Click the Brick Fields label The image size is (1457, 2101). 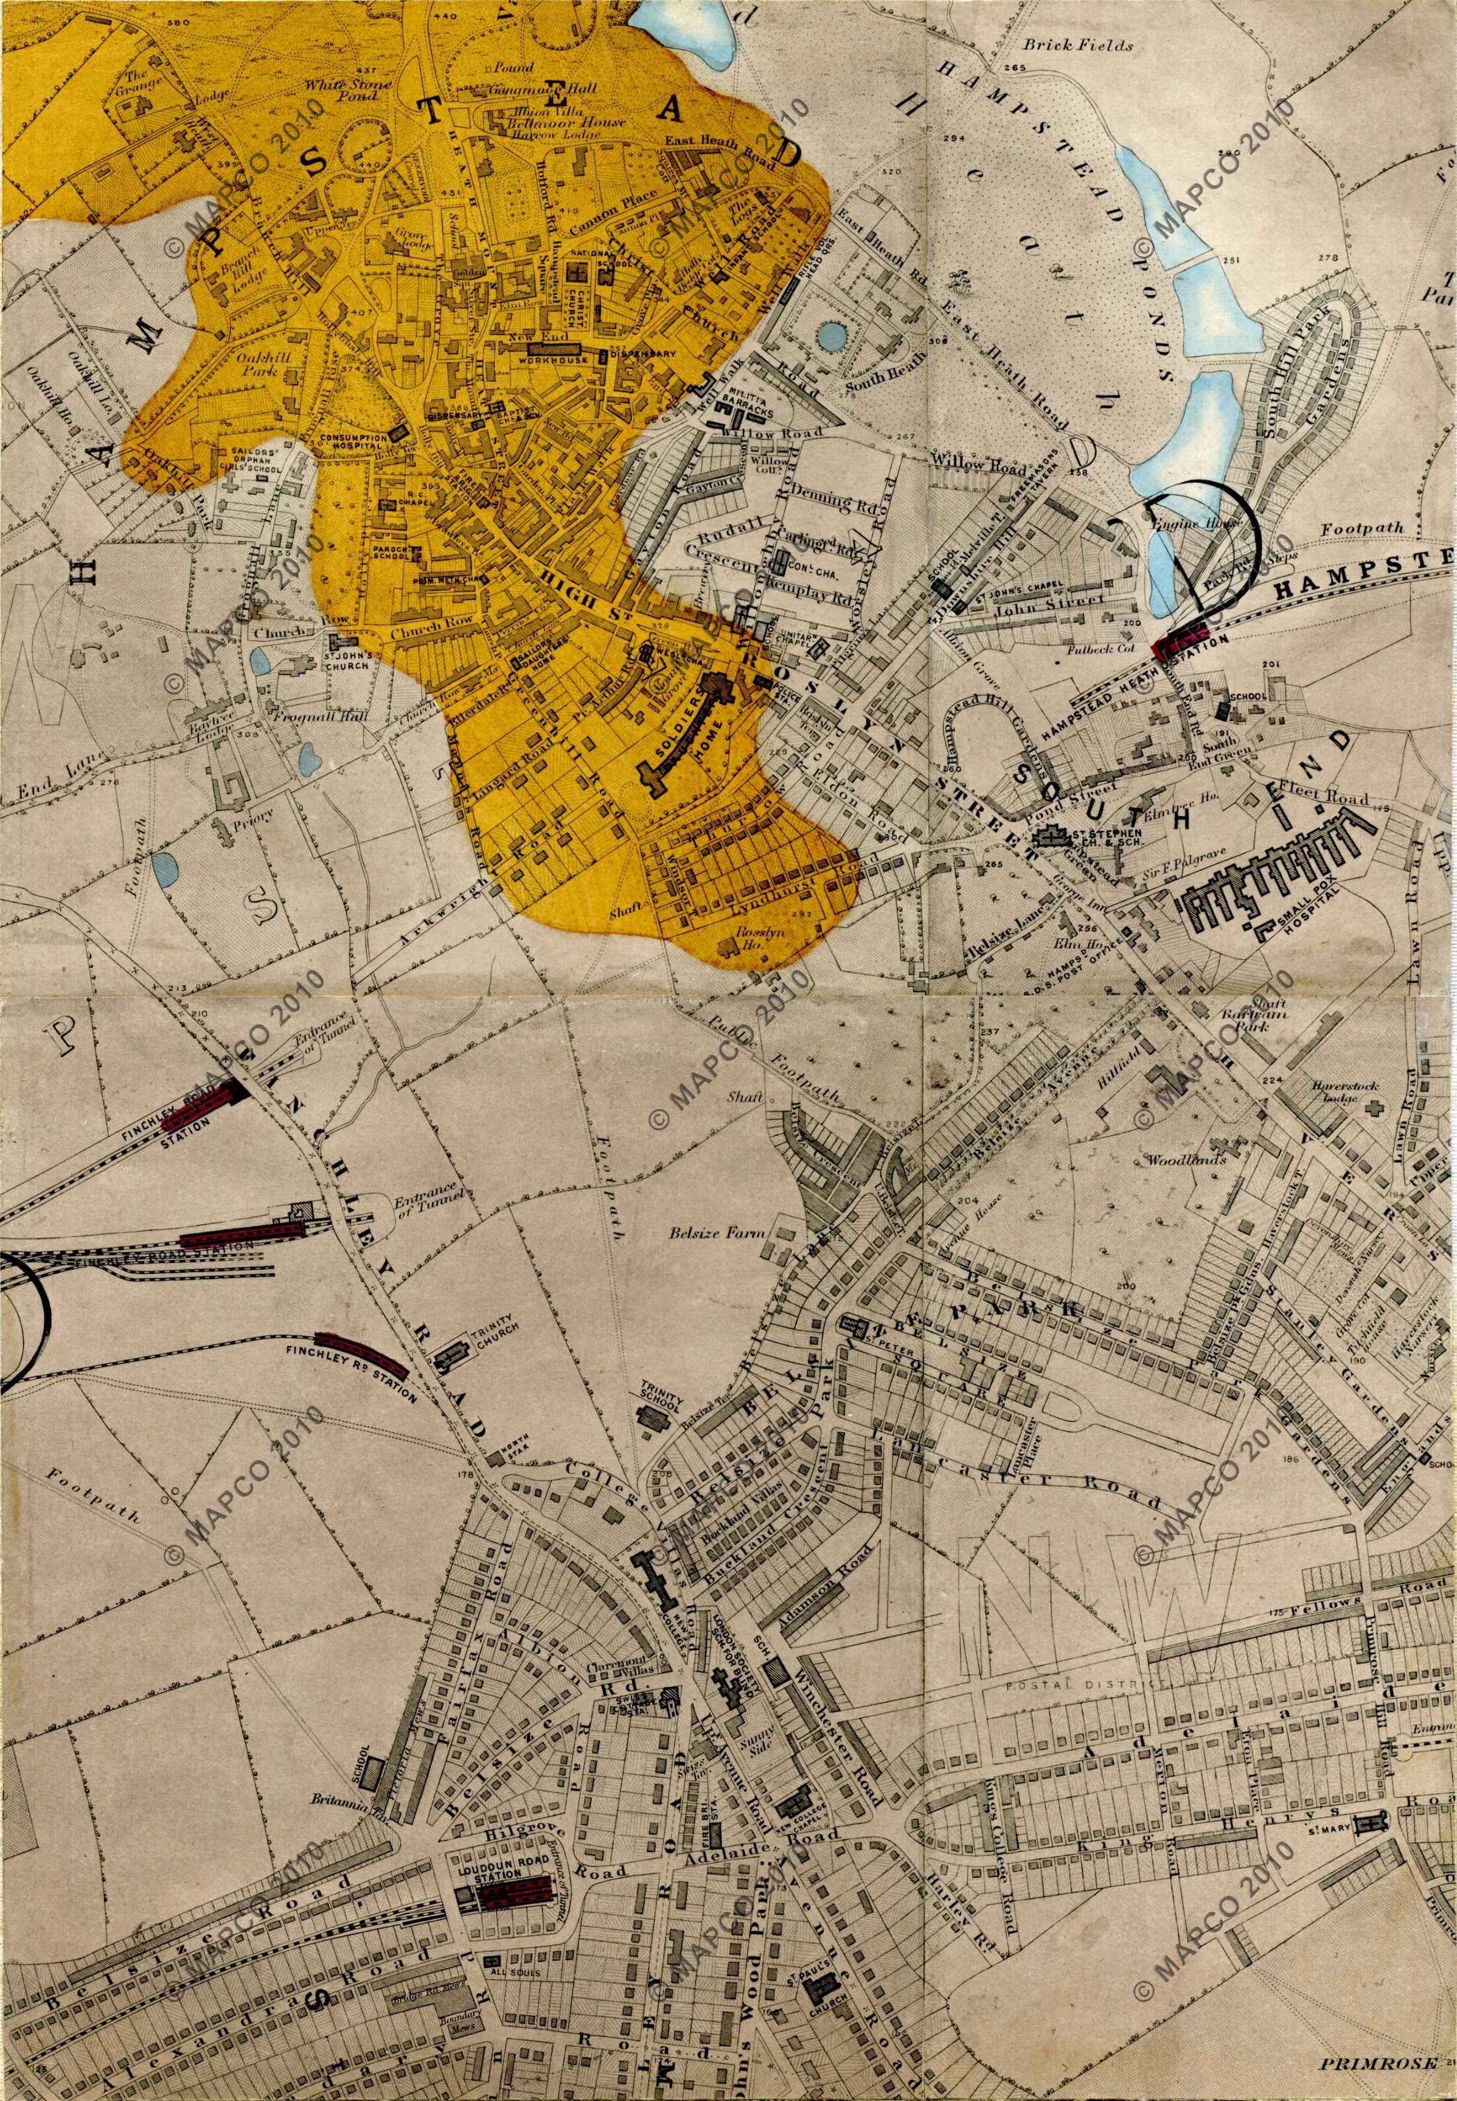1077,44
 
